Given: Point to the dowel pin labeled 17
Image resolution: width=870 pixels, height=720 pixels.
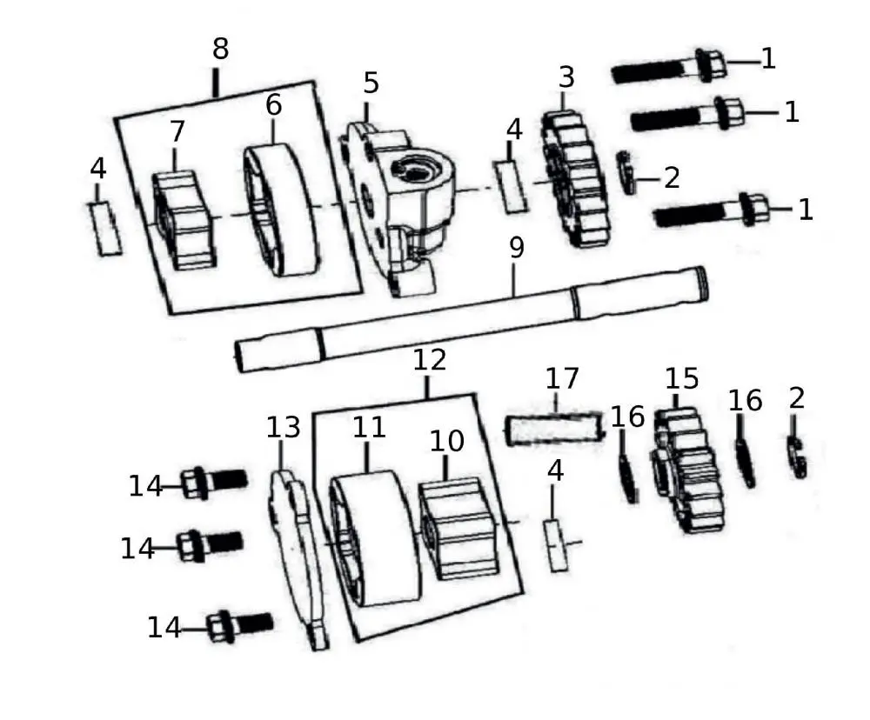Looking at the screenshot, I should tap(554, 429).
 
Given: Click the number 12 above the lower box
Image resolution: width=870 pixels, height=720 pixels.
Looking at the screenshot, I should tap(430, 360).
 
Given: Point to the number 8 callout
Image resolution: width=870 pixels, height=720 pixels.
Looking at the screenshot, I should tap(220, 50).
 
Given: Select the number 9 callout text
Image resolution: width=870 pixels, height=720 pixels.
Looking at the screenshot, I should tap(516, 248).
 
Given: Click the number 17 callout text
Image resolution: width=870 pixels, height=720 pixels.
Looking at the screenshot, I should tap(562, 379).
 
